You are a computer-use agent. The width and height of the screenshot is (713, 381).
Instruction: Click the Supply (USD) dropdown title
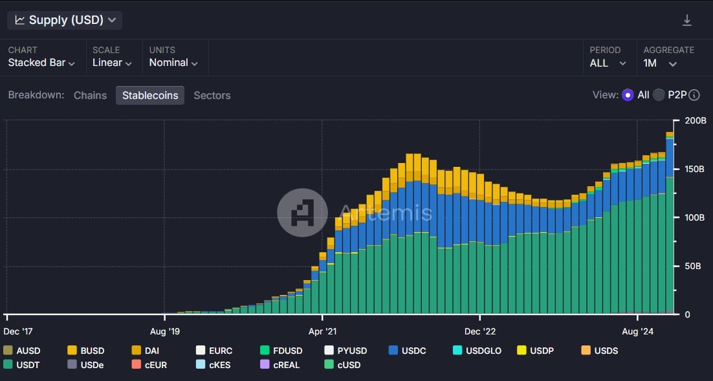(x=65, y=20)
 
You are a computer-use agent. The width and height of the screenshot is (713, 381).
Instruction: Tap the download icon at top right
(x=687, y=21)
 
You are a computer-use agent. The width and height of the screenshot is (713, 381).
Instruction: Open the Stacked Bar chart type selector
(x=41, y=63)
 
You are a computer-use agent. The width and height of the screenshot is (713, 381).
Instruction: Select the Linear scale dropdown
(x=112, y=63)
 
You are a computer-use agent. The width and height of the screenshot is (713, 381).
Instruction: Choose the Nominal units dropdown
(x=173, y=63)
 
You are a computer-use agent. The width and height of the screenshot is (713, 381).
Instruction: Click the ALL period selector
(x=608, y=63)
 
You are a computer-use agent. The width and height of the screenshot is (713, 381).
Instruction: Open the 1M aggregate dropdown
(x=660, y=63)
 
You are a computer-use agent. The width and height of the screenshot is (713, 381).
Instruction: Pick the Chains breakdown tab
(x=90, y=95)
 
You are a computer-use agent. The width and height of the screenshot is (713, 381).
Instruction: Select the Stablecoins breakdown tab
(x=150, y=95)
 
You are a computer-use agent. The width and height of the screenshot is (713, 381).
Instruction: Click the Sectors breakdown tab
(x=212, y=95)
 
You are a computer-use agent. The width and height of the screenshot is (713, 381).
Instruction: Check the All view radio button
(x=628, y=95)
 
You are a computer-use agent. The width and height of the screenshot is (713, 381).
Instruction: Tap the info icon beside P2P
(x=694, y=95)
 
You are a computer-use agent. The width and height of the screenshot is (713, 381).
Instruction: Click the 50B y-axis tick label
(x=692, y=266)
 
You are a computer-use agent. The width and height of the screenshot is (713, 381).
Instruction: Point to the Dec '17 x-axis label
(x=18, y=332)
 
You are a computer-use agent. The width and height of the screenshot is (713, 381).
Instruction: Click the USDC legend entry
(x=408, y=351)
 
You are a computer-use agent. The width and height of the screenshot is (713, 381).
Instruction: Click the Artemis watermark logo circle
(x=302, y=213)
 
